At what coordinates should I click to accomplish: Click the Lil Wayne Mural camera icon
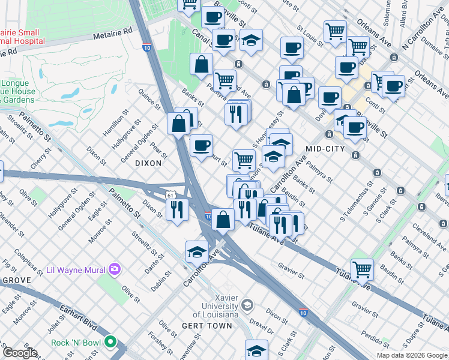[114, 269]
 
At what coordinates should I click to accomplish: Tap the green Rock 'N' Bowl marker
[110, 343]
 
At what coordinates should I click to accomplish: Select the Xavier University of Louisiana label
[214, 306]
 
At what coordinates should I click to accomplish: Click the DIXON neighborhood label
[148, 163]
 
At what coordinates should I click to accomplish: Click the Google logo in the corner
[20, 353]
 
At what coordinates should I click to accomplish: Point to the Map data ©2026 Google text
[411, 355]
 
